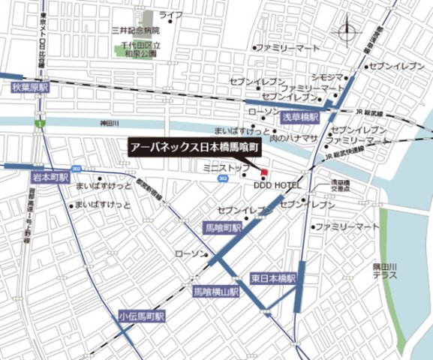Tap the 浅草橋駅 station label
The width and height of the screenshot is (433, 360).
pos(300,118)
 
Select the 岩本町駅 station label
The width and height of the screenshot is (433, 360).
pos(50,178)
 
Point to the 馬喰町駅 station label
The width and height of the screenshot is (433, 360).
pos(224,227)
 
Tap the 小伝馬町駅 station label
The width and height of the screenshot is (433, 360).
pos(140,317)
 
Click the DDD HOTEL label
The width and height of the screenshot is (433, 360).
pos(278,184)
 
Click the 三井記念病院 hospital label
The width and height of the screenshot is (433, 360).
pos(135,31)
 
